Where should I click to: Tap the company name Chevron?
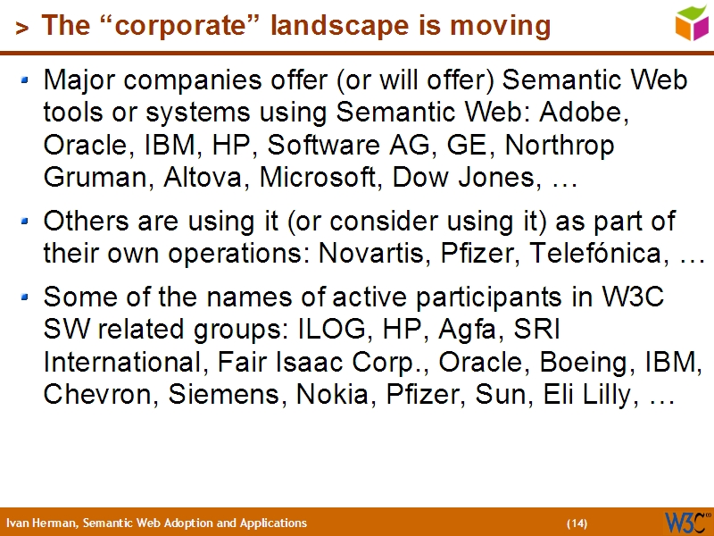point(99,396)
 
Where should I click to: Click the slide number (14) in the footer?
point(577,523)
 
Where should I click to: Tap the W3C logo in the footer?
point(685,522)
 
